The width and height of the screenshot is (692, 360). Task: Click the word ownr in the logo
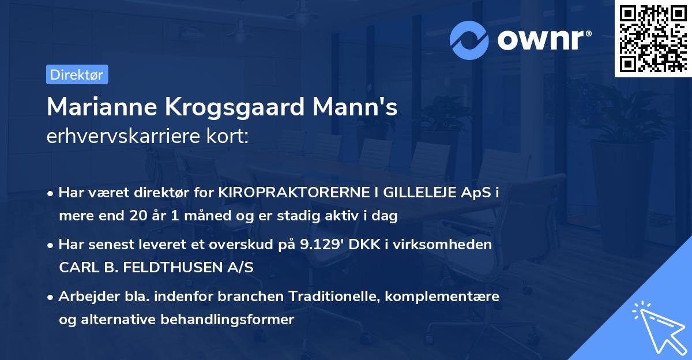(543, 39)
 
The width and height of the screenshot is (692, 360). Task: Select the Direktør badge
(77, 74)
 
